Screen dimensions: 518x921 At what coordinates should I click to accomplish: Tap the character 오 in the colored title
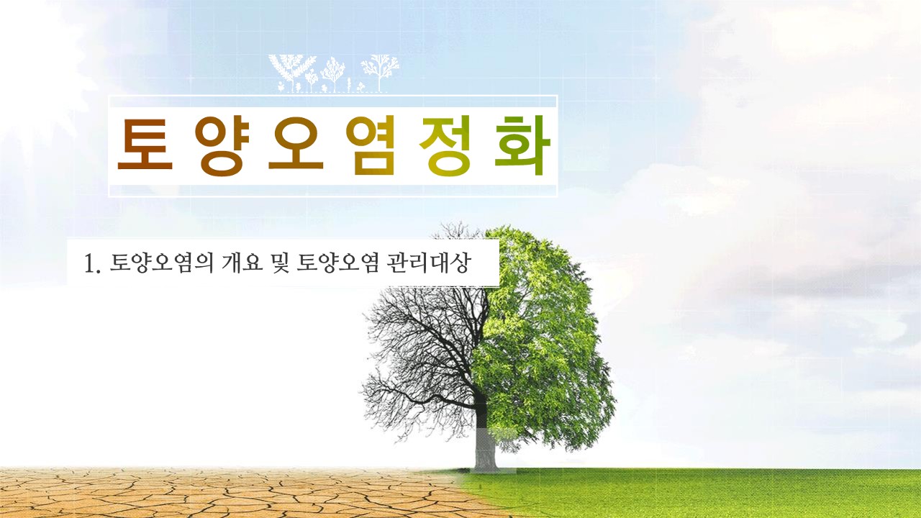296,146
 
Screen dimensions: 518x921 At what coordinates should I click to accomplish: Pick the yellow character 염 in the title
371,146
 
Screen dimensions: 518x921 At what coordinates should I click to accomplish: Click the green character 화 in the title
523,146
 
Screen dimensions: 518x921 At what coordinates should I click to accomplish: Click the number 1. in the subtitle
91,264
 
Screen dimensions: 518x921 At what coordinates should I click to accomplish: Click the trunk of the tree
484,446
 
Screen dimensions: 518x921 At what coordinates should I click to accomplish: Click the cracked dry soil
180,493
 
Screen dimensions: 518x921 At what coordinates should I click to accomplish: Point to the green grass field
720,493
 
